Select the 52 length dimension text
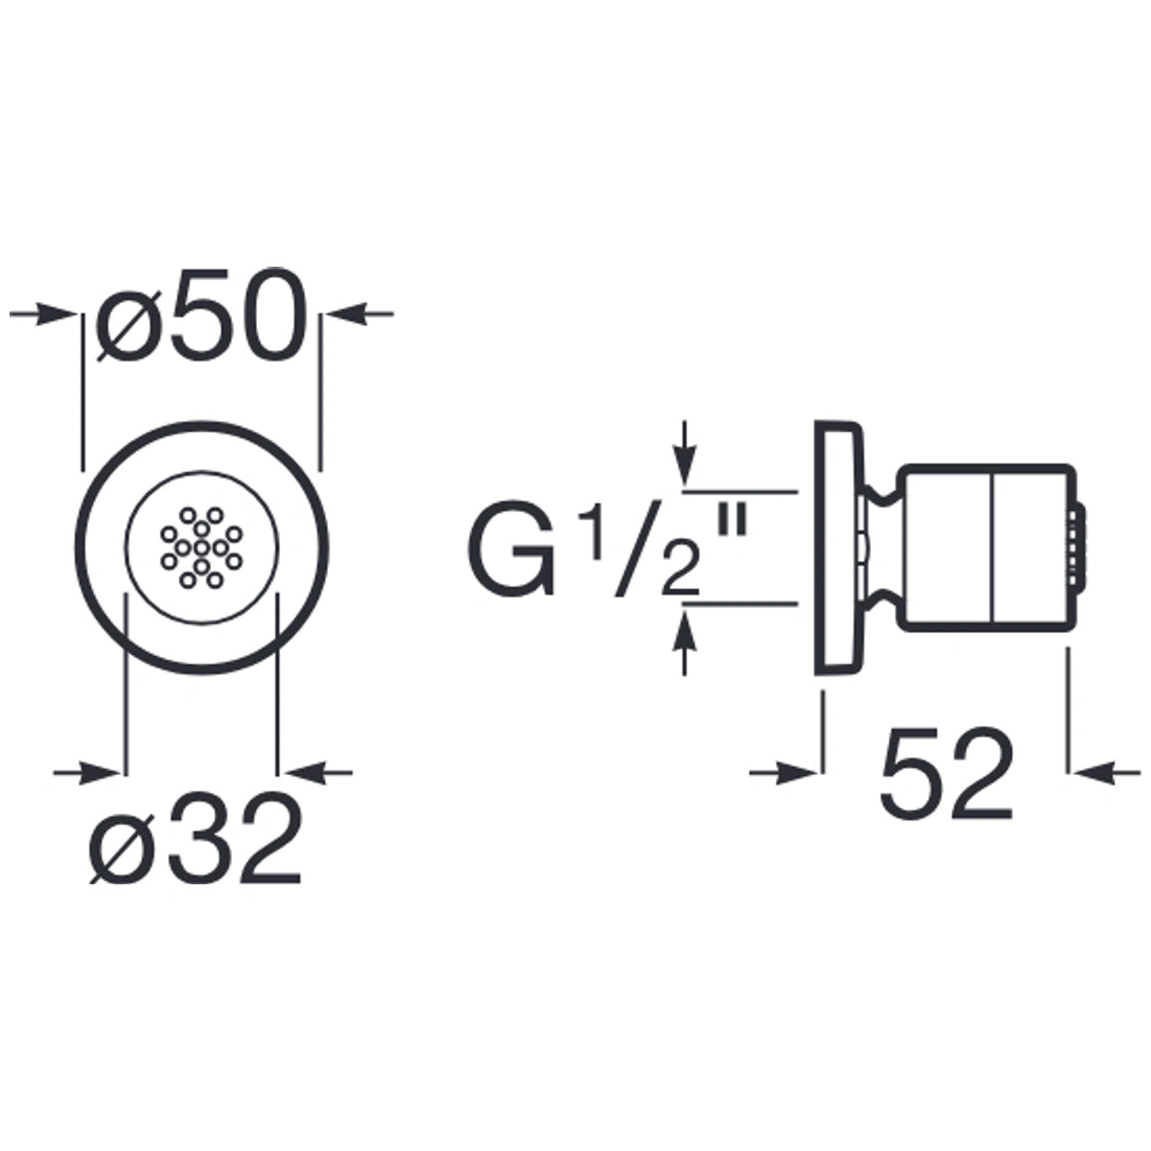click(946, 778)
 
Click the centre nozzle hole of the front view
click(201, 547)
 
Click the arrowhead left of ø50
click(58, 314)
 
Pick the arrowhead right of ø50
click(345, 314)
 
